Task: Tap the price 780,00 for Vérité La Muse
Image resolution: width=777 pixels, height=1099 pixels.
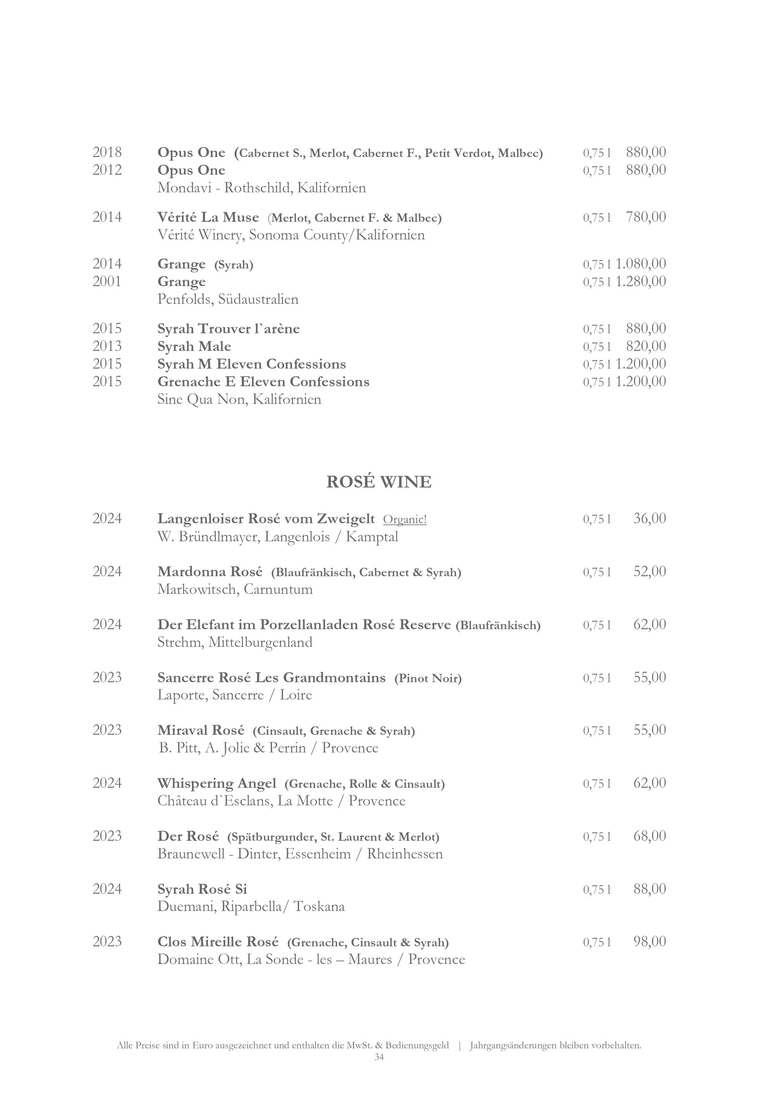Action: [646, 217]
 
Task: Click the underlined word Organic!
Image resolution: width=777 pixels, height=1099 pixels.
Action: [405, 519]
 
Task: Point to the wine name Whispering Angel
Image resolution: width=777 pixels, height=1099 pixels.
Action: [217, 783]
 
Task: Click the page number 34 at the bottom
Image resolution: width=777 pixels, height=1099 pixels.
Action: [379, 1057]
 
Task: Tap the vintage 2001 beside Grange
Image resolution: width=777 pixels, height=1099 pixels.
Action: [107, 281]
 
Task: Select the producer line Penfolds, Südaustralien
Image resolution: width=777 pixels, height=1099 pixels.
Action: [228, 299]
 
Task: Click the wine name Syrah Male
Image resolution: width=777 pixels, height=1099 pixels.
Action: [194, 347]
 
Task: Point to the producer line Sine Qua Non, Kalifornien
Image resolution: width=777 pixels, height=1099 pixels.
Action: [239, 400]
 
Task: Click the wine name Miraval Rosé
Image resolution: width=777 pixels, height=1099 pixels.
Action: [201, 730]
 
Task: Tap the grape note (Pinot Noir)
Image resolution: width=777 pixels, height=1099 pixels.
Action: [428, 678]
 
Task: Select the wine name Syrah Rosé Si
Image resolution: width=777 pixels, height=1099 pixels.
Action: [202, 889]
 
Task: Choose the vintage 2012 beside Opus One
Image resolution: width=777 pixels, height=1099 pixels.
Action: [107, 170]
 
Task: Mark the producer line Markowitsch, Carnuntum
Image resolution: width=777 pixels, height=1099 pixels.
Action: [235, 589]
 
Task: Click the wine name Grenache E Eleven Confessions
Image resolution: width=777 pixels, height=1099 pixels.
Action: [263, 382]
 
